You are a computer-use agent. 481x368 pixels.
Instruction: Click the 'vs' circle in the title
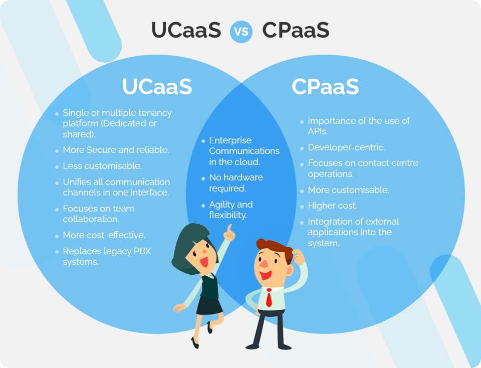(241, 31)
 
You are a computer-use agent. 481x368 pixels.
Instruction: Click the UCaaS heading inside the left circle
(157, 87)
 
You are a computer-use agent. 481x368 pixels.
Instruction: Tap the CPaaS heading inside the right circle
(325, 87)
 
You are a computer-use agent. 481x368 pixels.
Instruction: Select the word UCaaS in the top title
(186, 31)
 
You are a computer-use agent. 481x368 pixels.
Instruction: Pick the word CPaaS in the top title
(296, 31)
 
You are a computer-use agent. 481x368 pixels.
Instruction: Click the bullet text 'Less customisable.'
(102, 165)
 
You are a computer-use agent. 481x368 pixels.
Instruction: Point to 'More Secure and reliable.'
(116, 150)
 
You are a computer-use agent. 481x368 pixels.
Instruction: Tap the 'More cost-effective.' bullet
(104, 235)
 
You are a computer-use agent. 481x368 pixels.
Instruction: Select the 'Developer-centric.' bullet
(346, 148)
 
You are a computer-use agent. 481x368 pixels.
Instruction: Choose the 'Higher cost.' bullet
(332, 206)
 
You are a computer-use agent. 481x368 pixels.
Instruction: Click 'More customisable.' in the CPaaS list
(348, 190)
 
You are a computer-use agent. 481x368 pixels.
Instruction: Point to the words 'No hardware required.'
(235, 183)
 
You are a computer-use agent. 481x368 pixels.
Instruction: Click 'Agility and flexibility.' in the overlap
(230, 210)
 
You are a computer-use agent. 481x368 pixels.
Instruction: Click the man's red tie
(269, 298)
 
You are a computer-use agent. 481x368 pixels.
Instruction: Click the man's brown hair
(274, 246)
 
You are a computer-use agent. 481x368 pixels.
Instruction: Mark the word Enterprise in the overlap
(230, 140)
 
